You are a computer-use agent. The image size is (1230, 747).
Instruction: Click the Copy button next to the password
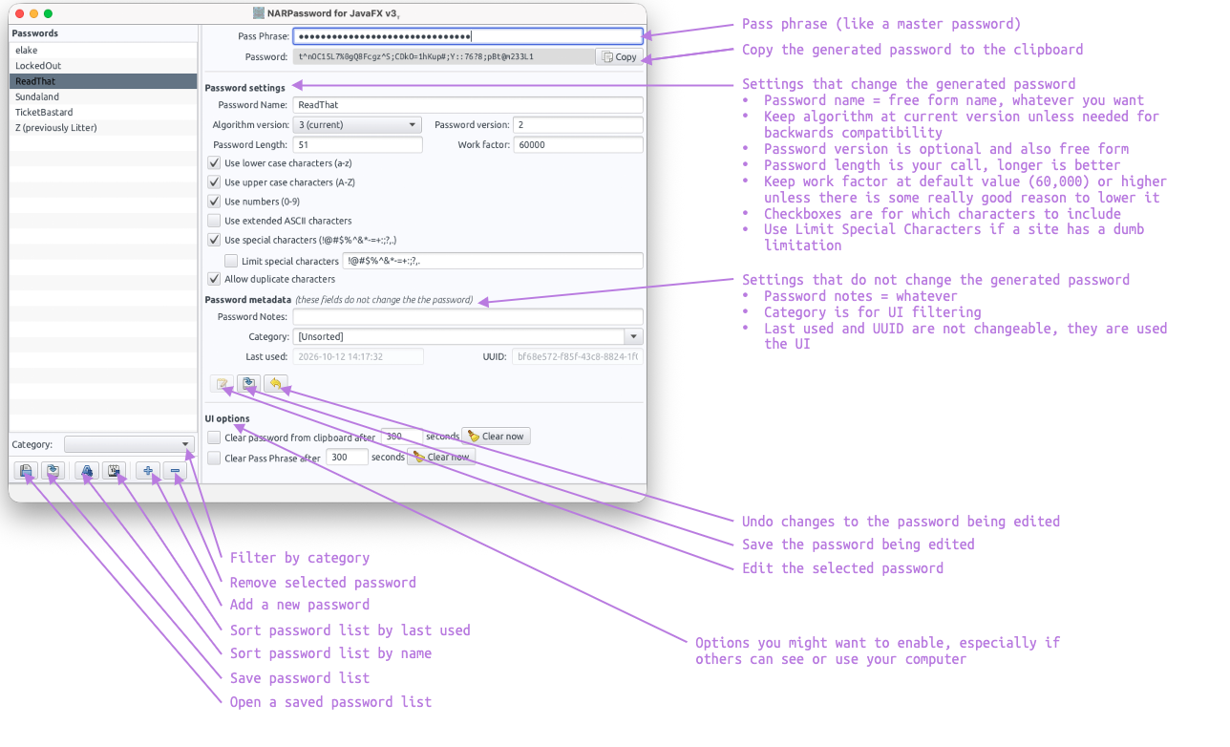[x=619, y=56]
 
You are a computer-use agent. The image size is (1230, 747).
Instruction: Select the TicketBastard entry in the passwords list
[x=44, y=112]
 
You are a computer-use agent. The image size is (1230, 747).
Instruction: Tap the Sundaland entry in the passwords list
[x=37, y=96]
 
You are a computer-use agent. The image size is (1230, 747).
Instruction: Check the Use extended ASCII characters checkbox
[x=214, y=221]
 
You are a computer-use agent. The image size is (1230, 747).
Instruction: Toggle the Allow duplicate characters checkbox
[x=214, y=279]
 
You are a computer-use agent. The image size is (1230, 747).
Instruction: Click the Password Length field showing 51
[x=357, y=145]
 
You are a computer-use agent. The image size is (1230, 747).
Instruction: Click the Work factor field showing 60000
[x=578, y=145]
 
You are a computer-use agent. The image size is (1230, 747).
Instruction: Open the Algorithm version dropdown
[x=357, y=125]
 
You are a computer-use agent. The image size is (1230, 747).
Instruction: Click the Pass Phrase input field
[x=468, y=36]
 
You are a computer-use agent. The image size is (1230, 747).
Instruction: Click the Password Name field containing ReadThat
[x=468, y=105]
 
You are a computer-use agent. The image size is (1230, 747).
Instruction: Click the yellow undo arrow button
[x=276, y=383]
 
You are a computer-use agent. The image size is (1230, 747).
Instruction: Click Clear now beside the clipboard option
[x=496, y=437]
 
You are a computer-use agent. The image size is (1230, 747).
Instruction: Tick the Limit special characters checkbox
[x=231, y=261]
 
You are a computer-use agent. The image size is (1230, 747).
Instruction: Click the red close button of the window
[x=20, y=13]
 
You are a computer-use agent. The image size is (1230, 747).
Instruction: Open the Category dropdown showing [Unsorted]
[x=468, y=336]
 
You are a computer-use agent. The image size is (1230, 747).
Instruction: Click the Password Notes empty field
[x=468, y=316]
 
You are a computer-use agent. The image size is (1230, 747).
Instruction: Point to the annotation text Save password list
[x=300, y=678]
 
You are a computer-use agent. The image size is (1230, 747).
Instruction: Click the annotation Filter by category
[x=300, y=558]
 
